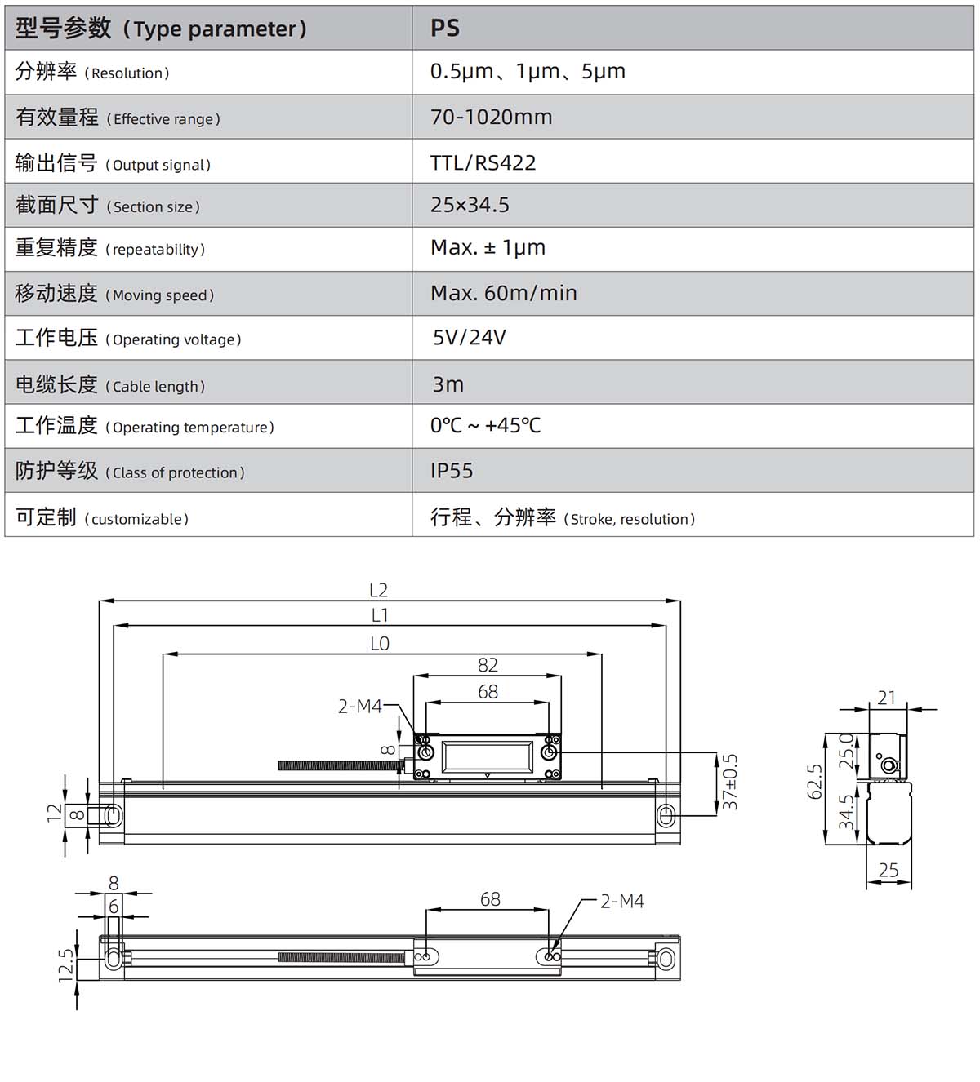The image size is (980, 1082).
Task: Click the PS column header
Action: (x=444, y=28)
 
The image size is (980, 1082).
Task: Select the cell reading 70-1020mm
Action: (x=491, y=117)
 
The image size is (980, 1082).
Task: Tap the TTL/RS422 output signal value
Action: (x=483, y=162)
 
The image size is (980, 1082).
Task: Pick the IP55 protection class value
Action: (x=452, y=470)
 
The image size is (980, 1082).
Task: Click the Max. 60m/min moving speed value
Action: (x=503, y=293)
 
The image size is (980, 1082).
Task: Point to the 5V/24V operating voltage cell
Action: (x=470, y=337)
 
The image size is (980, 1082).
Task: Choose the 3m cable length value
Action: (x=448, y=384)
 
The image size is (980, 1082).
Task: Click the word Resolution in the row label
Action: (x=127, y=73)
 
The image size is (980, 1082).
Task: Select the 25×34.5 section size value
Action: (x=470, y=205)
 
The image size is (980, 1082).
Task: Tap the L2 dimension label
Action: (x=378, y=590)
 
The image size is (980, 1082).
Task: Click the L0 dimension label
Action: (x=380, y=644)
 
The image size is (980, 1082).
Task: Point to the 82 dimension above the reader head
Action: (x=488, y=665)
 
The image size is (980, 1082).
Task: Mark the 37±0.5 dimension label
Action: (x=729, y=782)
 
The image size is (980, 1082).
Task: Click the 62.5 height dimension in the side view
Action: (x=814, y=782)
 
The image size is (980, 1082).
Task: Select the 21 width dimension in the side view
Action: (x=887, y=698)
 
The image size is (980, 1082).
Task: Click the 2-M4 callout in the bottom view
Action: (x=622, y=902)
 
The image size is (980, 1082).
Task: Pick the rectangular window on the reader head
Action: (x=487, y=756)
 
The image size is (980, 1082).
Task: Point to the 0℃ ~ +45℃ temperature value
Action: (x=485, y=426)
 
